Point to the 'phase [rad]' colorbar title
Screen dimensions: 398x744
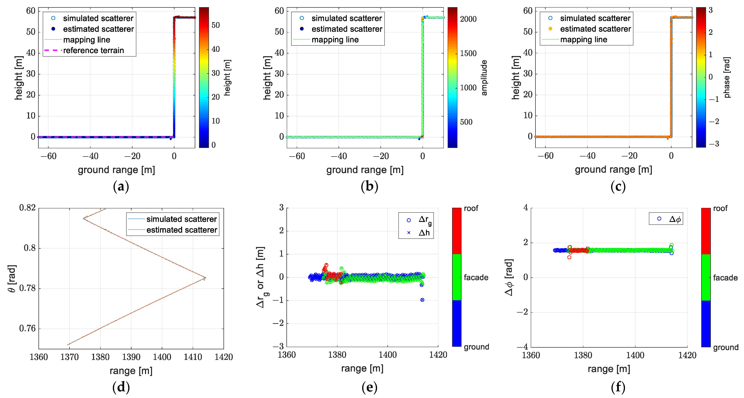[x=727, y=77]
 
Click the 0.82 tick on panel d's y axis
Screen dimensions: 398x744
[x=27, y=208]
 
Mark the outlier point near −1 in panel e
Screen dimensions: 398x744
[x=422, y=300]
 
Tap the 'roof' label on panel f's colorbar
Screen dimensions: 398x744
[x=720, y=208]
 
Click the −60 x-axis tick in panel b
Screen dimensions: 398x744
[x=297, y=156]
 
